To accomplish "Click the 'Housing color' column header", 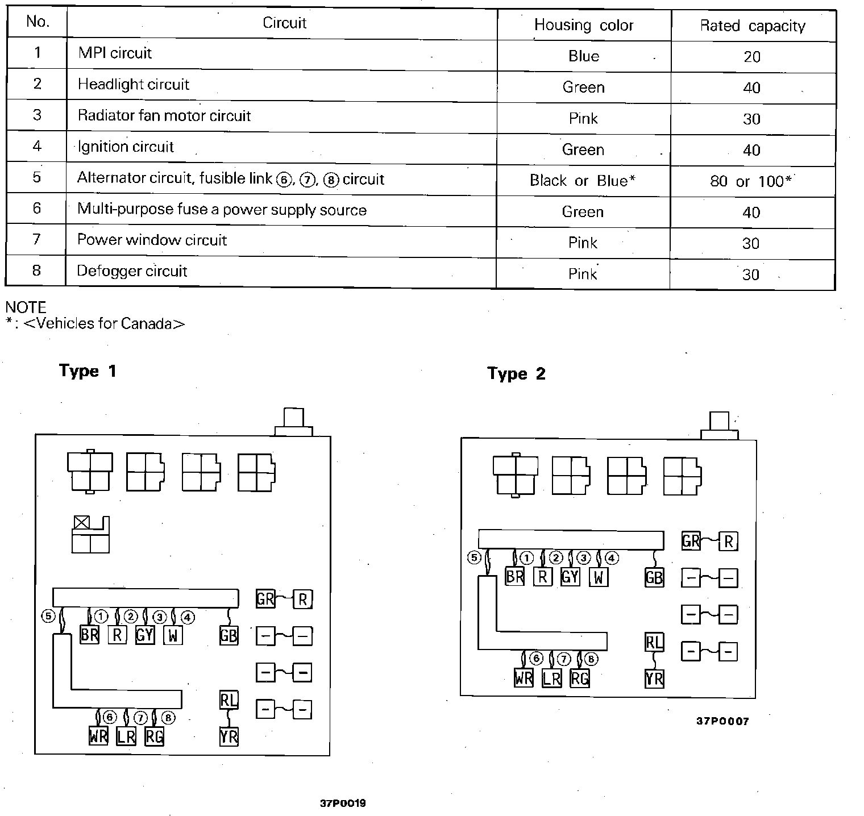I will [x=584, y=25].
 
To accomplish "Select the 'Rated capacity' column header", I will [x=753, y=26].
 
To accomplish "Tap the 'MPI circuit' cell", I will [x=115, y=53].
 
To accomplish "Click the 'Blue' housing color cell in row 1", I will [x=584, y=56].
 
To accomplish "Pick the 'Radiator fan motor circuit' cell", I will [x=164, y=116].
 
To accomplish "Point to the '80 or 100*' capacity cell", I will [x=751, y=181].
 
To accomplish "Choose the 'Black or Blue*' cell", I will [x=583, y=181].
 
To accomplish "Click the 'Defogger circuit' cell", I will [x=132, y=271].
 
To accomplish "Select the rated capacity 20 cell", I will [x=752, y=57].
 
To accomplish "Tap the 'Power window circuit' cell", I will [x=152, y=240].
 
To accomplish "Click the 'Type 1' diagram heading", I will [x=88, y=371].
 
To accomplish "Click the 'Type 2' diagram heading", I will [x=516, y=373].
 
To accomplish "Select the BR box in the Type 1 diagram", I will [x=89, y=634].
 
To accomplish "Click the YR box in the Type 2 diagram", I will [x=654, y=678].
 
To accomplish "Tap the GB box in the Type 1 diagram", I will [x=229, y=635].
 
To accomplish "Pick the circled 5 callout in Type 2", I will [x=474, y=557].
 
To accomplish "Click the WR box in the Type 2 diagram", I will [x=524, y=678].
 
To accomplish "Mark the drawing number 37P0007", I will [x=722, y=721].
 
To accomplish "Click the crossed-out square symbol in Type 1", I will [x=81, y=523].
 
